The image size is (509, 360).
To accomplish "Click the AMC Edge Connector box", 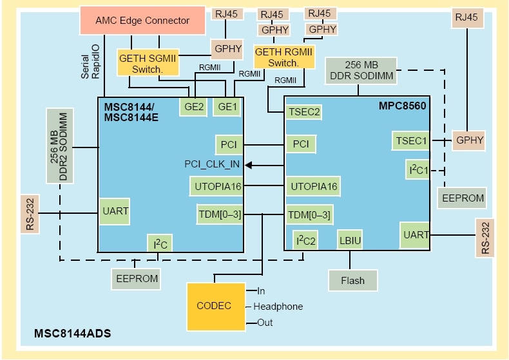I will tap(142, 20).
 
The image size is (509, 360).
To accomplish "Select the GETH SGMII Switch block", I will tap(147, 63).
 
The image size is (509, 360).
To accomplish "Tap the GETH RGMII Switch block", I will tap(284, 57).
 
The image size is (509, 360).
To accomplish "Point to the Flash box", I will tap(352, 280).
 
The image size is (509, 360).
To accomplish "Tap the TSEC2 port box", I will tap(303, 112).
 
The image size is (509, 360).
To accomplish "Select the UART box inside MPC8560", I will tap(415, 234).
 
